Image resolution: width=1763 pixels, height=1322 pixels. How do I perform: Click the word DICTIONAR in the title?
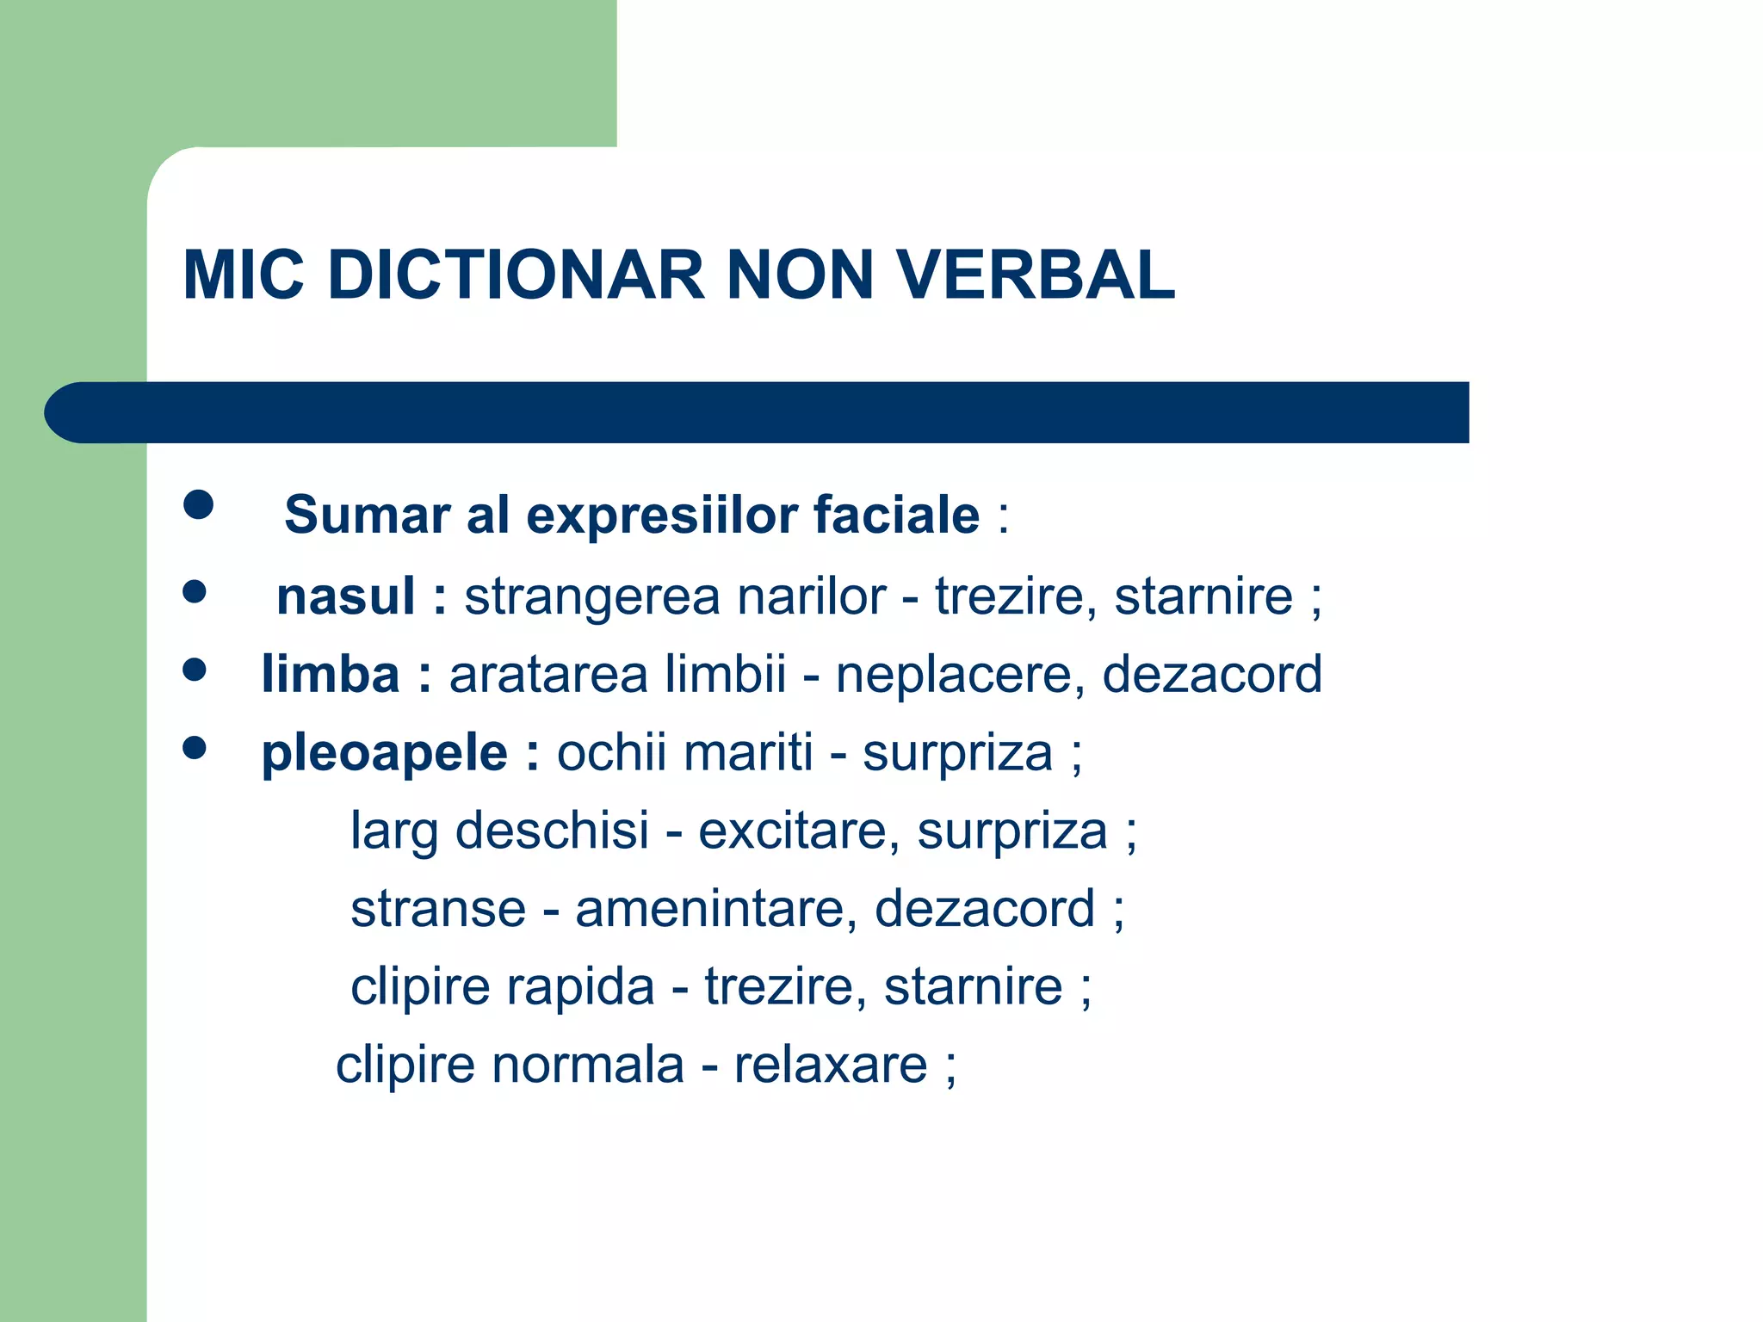tap(517, 275)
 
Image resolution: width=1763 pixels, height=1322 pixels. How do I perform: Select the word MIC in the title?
tap(244, 275)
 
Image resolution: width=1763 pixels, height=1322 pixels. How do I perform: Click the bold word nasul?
tap(346, 596)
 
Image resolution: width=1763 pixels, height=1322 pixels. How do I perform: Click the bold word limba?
tap(331, 673)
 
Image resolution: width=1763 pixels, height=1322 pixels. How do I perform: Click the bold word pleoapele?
tap(385, 753)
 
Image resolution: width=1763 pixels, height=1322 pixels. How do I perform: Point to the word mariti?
tap(749, 752)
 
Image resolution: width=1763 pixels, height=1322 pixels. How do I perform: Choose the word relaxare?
tap(831, 1065)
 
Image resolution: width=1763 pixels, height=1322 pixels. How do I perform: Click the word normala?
tap(587, 1065)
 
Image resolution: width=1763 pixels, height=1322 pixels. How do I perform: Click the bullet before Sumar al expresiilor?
tap(198, 505)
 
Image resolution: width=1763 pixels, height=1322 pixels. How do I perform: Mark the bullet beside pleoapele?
tap(195, 748)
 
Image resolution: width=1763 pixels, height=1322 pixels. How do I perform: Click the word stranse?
tap(438, 909)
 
